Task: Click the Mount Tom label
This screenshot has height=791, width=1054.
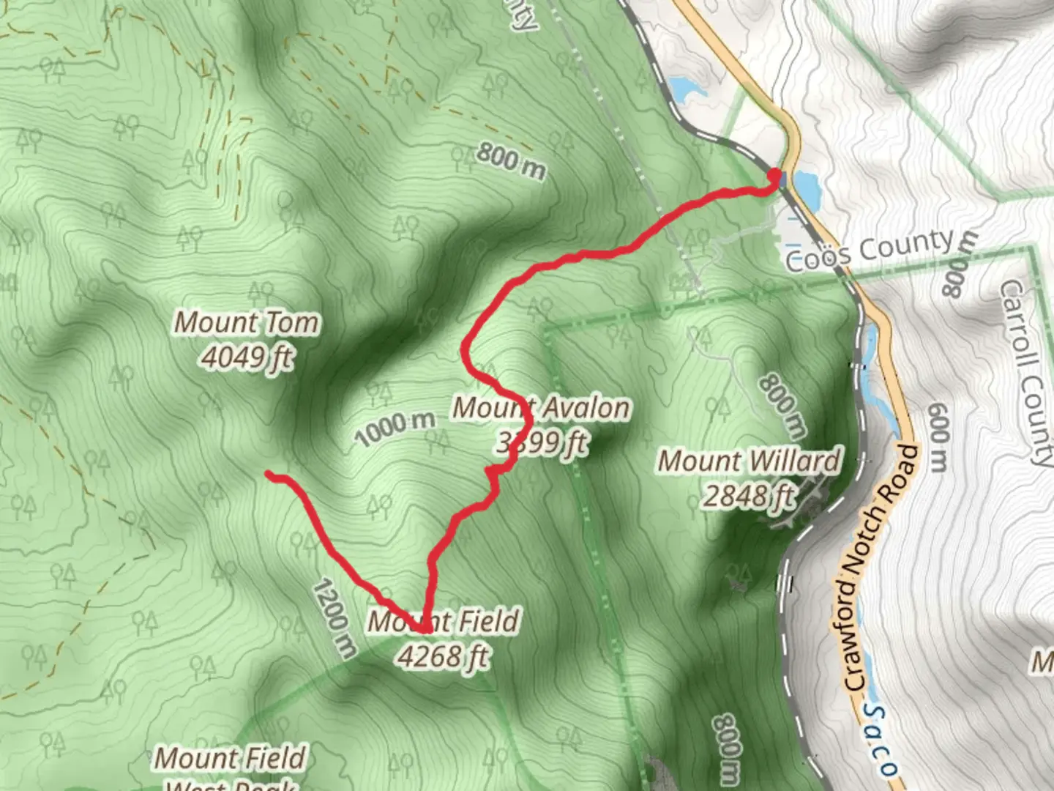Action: [x=247, y=323]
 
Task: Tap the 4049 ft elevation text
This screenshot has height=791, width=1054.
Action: [x=247, y=358]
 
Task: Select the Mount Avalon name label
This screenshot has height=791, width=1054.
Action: [x=541, y=408]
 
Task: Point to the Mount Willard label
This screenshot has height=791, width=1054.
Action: [x=749, y=461]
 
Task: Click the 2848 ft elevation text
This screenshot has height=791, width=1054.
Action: [x=749, y=496]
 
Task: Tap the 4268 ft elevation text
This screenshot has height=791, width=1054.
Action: [x=444, y=656]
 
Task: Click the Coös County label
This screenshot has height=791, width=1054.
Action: [x=870, y=250]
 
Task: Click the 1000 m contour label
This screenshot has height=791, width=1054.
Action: [x=395, y=428]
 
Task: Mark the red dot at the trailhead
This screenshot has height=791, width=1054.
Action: [x=774, y=175]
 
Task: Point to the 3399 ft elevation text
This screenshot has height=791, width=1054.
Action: [x=542, y=442]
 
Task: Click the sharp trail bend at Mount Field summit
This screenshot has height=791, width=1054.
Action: [x=425, y=628]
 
